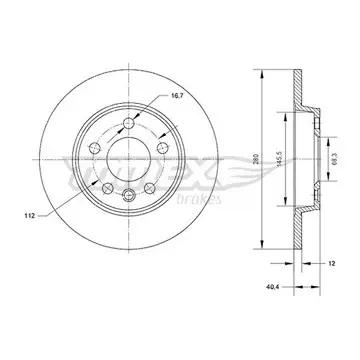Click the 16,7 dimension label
(177, 95)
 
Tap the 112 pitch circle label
(30, 216)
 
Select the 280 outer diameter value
(257, 160)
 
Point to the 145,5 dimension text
(280, 159)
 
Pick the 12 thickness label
(331, 263)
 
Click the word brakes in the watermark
(199, 199)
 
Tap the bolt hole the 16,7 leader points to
(129, 124)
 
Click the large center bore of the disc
(129, 159)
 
